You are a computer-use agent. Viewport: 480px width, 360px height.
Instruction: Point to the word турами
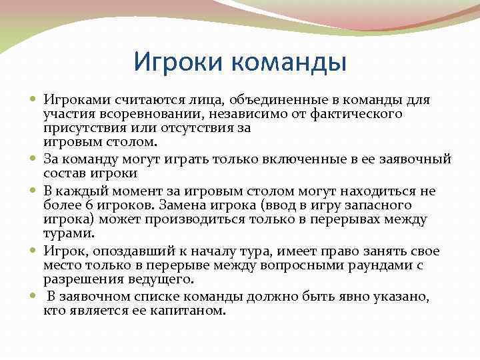[69, 233]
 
